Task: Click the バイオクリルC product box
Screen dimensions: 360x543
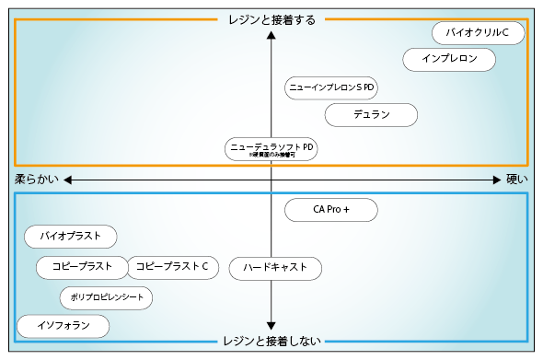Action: click(x=478, y=33)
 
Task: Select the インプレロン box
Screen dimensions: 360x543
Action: click(x=449, y=60)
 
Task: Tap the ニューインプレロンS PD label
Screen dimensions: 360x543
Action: click(x=331, y=87)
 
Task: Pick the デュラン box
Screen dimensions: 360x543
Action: click(x=372, y=115)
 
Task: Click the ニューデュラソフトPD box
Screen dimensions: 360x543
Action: click(x=271, y=148)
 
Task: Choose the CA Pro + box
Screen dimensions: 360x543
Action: click(x=331, y=210)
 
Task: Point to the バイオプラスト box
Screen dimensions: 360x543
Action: click(x=71, y=237)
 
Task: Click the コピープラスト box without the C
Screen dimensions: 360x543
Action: click(x=81, y=267)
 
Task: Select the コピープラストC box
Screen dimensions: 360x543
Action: click(x=172, y=267)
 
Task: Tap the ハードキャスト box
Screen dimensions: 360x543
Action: click(x=274, y=268)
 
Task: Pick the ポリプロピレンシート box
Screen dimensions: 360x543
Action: click(x=106, y=298)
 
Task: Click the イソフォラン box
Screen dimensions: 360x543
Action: click(x=64, y=326)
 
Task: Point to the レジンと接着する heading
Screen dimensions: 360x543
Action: click(x=271, y=19)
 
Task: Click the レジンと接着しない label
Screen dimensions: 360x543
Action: click(x=271, y=342)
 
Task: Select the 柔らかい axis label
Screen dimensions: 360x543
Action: click(x=36, y=180)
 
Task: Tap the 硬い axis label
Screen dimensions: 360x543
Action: click(x=517, y=180)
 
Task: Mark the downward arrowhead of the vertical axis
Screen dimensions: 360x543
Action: click(x=271, y=325)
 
